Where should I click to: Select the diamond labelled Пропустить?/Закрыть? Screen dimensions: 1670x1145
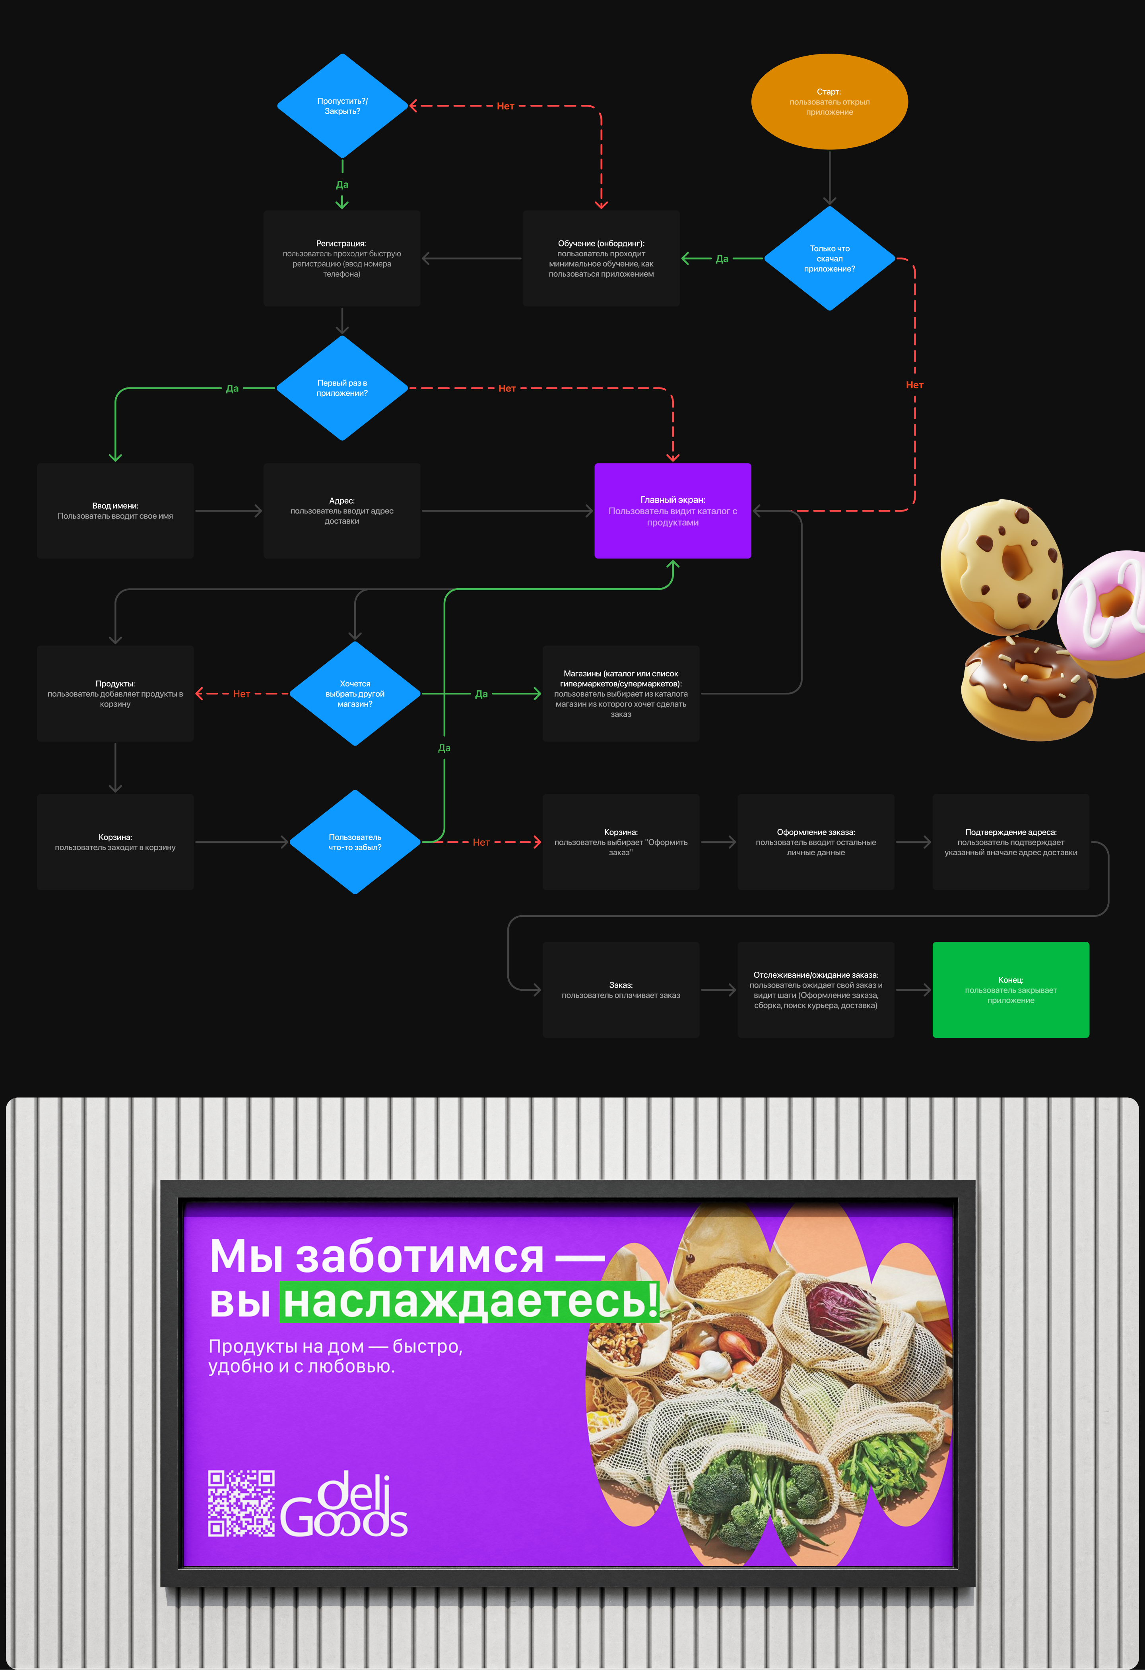[x=342, y=106]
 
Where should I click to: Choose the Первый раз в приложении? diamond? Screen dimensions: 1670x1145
[x=342, y=388]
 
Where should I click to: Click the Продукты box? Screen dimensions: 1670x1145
[x=115, y=694]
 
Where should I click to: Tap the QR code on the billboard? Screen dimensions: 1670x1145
[x=241, y=1503]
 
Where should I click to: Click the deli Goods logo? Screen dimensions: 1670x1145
[x=345, y=1505]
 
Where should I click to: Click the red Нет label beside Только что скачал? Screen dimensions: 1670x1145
[x=914, y=385]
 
